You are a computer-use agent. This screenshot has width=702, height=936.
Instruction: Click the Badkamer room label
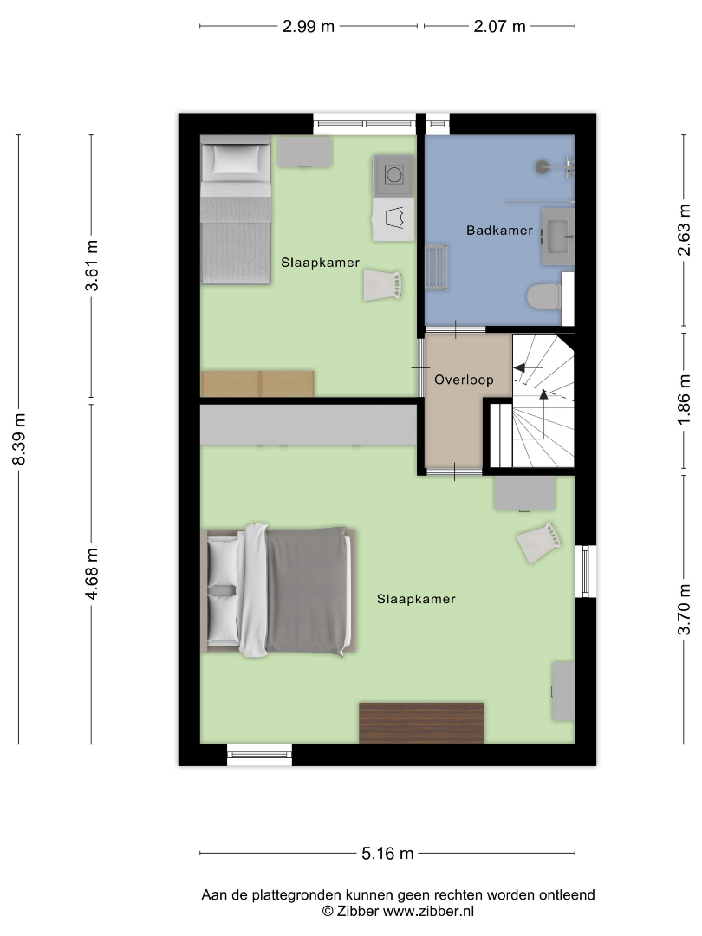tap(499, 231)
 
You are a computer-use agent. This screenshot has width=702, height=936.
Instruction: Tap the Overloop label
tap(464, 380)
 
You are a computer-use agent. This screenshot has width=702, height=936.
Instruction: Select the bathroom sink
tap(557, 237)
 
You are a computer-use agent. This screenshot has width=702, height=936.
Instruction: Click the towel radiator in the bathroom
tap(436, 267)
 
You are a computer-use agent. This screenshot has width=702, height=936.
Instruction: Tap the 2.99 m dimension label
tap(308, 27)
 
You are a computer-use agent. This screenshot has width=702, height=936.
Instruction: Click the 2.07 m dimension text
tap(500, 27)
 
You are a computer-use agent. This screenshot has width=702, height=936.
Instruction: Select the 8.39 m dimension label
tap(19, 439)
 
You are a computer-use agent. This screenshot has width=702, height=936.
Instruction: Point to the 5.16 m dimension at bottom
tap(387, 854)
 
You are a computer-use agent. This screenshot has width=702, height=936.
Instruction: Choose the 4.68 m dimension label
tap(91, 574)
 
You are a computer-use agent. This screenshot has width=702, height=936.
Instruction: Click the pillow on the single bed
tap(236, 160)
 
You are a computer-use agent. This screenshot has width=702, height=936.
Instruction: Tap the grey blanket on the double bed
tap(307, 591)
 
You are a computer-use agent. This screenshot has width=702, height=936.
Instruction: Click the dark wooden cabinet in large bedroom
tap(421, 723)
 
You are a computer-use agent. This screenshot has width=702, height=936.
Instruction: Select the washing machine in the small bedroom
tap(393, 175)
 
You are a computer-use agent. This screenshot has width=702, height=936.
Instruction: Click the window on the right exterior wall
tap(586, 571)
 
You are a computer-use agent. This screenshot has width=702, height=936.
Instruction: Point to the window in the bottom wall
tap(260, 755)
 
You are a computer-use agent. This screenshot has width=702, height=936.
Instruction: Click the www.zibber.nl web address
tap(428, 912)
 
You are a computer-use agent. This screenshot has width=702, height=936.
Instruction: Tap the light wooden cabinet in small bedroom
tap(258, 384)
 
